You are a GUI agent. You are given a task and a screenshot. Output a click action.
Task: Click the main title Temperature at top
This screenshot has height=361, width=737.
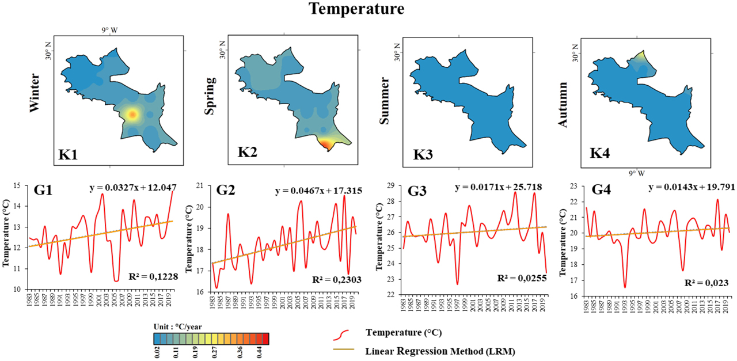coord(356,9)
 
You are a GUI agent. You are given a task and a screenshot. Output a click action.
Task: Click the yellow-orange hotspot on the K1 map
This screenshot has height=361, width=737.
coord(132,115)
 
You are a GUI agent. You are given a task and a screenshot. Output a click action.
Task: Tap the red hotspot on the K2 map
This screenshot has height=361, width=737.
coord(326,144)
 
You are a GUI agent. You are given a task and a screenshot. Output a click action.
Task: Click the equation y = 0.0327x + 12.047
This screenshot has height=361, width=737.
coord(133,188)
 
